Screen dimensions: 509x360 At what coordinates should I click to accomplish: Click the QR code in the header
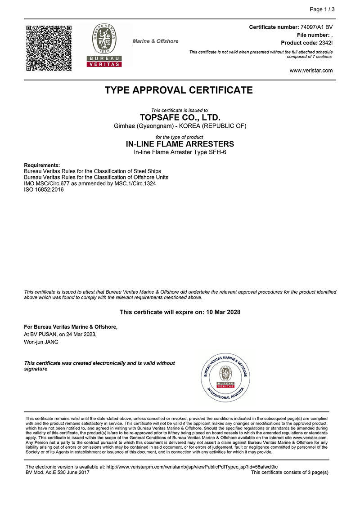click(x=49, y=48)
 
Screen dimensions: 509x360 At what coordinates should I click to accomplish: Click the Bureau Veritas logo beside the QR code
click(x=104, y=45)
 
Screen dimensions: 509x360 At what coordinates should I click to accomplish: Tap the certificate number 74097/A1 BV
click(x=316, y=27)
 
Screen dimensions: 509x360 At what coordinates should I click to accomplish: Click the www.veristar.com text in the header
click(x=311, y=70)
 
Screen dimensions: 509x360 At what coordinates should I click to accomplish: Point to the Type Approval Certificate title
click(x=179, y=90)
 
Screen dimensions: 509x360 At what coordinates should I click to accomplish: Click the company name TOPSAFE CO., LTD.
click(x=180, y=118)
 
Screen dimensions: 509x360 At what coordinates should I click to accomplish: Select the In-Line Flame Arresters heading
click(x=180, y=144)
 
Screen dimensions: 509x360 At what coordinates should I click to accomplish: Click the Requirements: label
click(x=42, y=165)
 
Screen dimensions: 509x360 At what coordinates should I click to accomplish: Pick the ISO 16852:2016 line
click(x=44, y=190)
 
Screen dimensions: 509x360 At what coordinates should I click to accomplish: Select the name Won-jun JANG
click(x=41, y=342)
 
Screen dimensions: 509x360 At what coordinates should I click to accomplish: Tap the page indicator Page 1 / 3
click(x=322, y=9)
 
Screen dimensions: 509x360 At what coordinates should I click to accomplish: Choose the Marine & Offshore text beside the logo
click(x=155, y=41)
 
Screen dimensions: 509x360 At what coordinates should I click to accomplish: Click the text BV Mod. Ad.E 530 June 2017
click(x=58, y=473)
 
